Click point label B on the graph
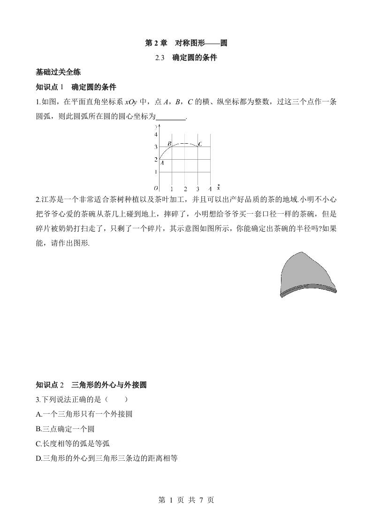coord(169,143)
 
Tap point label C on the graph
coord(200,144)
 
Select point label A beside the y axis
coord(162,163)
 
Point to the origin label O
coord(156,188)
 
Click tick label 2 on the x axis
coord(185,189)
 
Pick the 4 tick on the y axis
coord(156,134)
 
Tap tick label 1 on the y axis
coord(156,172)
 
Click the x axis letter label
coord(219,188)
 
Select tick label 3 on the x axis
coord(197,189)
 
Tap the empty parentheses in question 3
coord(116,399)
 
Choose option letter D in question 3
coord(38,458)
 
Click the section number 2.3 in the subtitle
coord(160,58)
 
